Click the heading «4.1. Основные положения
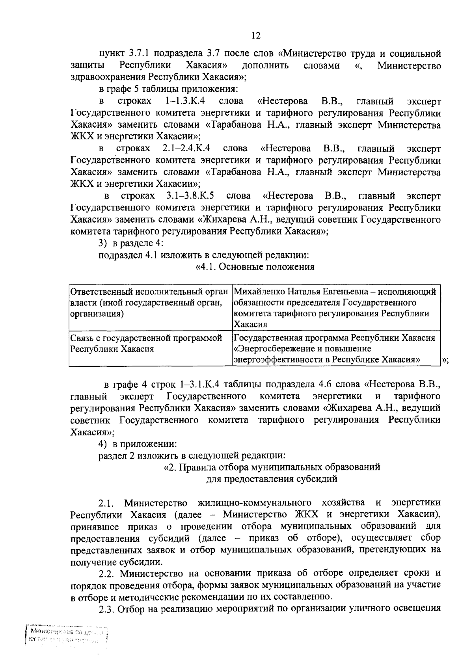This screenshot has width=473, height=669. click(x=255, y=267)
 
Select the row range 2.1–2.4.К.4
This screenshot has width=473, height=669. click(x=186, y=149)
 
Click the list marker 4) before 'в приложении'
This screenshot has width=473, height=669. click(x=103, y=443)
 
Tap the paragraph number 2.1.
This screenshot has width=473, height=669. click(x=106, y=503)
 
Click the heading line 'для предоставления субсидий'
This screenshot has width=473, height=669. click(x=272, y=479)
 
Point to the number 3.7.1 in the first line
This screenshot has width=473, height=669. click(x=140, y=53)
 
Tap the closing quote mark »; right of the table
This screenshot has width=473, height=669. click(x=446, y=360)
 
